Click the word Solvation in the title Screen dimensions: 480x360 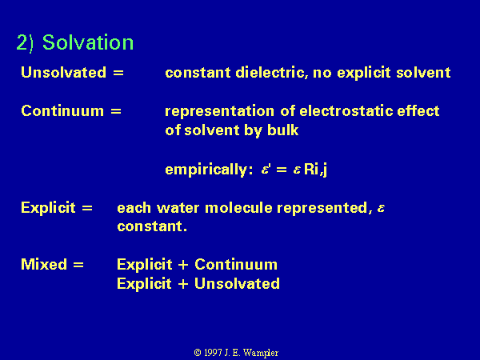click(x=88, y=42)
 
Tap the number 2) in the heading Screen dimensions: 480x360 click(x=25, y=43)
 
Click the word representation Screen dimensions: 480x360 click(x=219, y=111)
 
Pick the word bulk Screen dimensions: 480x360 click(x=283, y=130)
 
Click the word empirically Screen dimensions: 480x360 click(x=209, y=170)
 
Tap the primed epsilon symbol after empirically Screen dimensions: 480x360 click(x=266, y=170)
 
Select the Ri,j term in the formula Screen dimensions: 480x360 click(x=315, y=170)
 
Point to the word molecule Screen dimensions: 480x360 click(x=238, y=208)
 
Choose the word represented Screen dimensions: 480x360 click(x=324, y=208)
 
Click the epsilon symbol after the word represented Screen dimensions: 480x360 click(x=381, y=209)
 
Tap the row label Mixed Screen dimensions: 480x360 click(x=44, y=264)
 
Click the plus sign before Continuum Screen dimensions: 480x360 click(x=183, y=265)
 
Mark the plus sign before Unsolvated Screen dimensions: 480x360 click(x=182, y=284)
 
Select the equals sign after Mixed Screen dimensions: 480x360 click(x=78, y=265)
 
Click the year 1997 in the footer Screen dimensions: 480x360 click(x=213, y=353)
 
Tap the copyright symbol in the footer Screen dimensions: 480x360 click(x=198, y=353)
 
